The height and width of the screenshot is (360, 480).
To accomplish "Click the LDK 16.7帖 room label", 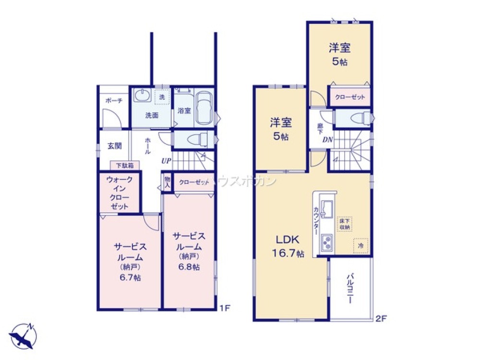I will click(x=287, y=246).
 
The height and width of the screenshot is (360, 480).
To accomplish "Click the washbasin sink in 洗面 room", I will click(x=143, y=96).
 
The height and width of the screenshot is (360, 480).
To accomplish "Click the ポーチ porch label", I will click(x=114, y=100).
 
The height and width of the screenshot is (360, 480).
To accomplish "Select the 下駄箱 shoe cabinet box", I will click(x=125, y=165).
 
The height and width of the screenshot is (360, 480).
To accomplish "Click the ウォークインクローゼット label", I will click(x=119, y=192).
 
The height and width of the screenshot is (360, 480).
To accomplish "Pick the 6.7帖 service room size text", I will click(x=130, y=278).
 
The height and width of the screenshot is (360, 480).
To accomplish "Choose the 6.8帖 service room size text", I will click(x=190, y=267).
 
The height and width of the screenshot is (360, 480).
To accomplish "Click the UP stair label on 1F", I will click(x=166, y=160).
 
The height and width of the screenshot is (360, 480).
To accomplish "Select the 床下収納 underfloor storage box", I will click(x=345, y=224).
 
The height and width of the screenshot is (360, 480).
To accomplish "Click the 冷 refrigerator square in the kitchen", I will click(x=360, y=244).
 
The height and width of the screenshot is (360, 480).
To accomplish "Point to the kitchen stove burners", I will click(x=327, y=244).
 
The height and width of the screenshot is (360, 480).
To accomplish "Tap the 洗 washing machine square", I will click(x=162, y=96).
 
